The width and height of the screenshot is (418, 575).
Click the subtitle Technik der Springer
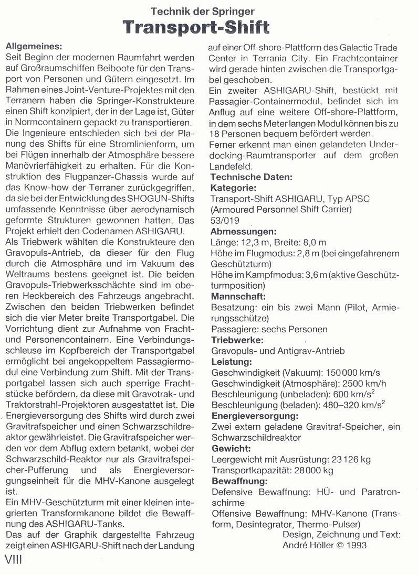click(203, 10)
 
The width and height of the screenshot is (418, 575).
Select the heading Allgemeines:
click(33, 45)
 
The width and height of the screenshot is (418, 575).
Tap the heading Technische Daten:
click(252, 177)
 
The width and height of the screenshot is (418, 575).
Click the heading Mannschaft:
click(239, 296)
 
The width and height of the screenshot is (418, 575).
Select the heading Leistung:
click(231, 362)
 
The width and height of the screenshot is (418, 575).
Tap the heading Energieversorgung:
click(255, 416)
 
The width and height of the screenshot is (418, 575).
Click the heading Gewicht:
click(231, 449)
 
